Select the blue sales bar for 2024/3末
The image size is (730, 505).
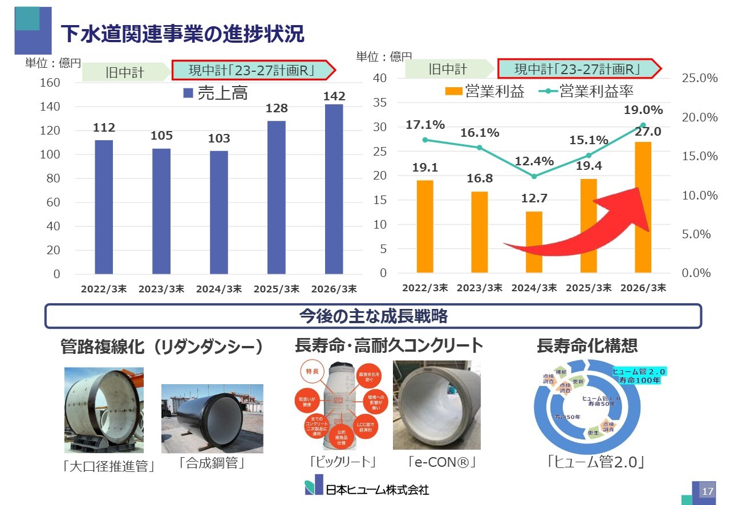click(219, 212)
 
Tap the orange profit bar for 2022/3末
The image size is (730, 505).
click(425, 226)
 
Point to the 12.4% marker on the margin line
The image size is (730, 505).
click(534, 176)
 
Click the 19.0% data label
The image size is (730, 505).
click(643, 110)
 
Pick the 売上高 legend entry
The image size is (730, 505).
click(216, 93)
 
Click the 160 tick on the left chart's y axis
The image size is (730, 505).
click(50, 83)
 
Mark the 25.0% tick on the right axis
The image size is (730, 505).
click(699, 78)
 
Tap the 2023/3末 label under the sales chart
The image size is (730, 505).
click(161, 289)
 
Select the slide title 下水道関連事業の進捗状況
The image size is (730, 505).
click(182, 34)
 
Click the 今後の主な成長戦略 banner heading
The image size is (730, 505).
click(373, 316)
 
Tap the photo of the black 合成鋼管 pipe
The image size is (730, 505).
click(212, 418)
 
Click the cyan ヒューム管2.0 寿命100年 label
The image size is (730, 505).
click(639, 376)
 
